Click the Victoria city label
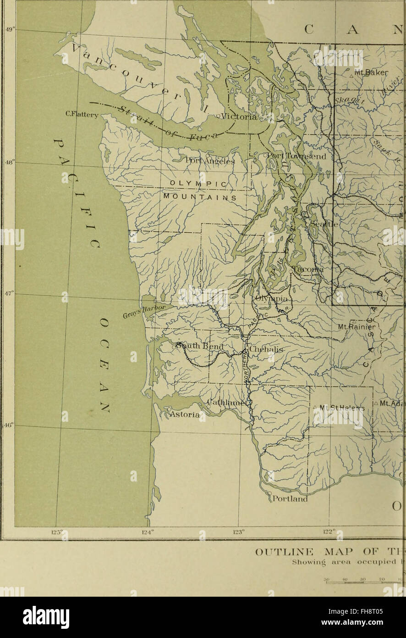tap(239, 117)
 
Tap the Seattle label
tap(324, 224)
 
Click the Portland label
tap(290, 499)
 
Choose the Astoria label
tap(185, 415)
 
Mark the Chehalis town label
tap(267, 350)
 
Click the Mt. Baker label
tap(371, 72)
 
